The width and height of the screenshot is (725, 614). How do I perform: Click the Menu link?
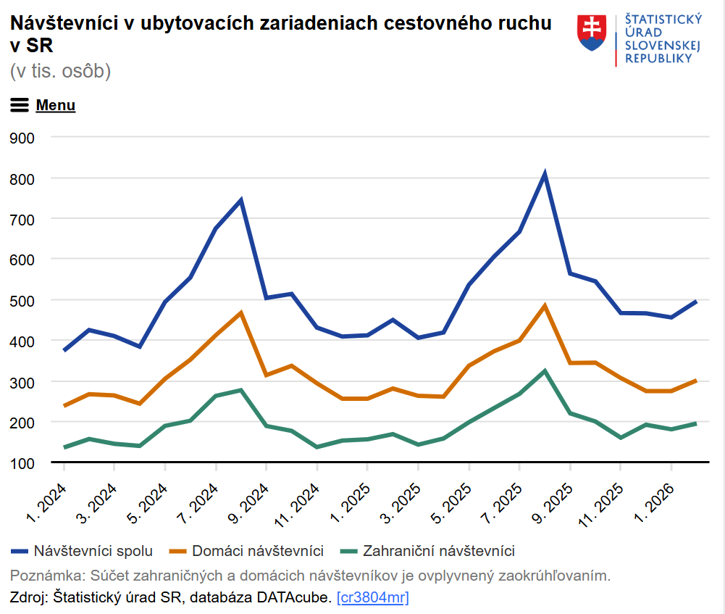coord(56,105)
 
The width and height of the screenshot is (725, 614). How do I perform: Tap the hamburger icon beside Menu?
coord(20,105)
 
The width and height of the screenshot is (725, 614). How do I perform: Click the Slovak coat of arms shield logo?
coord(592,33)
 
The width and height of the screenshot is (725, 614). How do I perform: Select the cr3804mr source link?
coord(373,597)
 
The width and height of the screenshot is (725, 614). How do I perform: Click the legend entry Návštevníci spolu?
coord(93,551)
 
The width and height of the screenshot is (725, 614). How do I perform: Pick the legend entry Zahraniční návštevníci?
coord(438,551)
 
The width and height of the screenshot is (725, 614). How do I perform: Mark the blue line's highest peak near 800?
coord(545,174)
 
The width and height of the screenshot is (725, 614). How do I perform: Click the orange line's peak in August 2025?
coord(545,306)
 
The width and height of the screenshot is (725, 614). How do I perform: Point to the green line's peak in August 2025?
coord(545,371)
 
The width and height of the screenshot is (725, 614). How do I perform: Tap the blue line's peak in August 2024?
coord(240,200)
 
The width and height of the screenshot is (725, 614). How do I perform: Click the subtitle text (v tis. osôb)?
coord(60,71)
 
